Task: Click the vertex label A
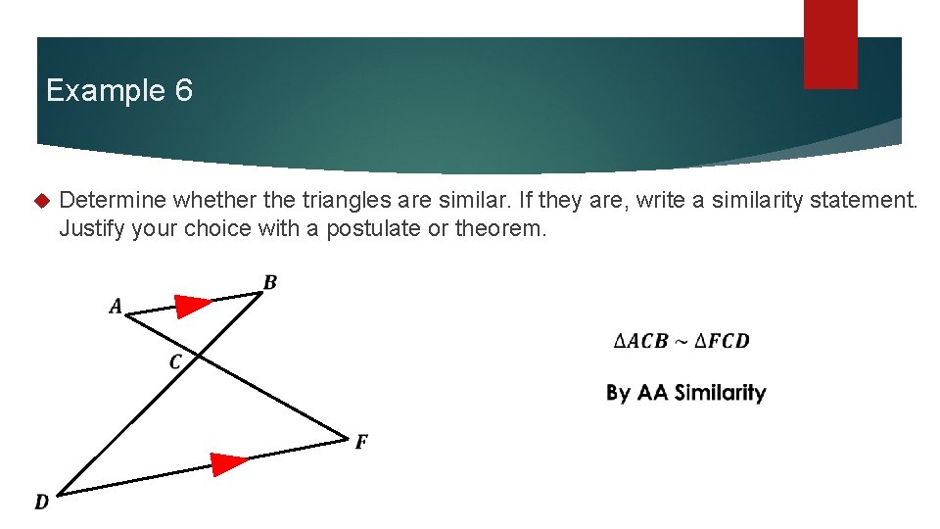pyautogui.click(x=116, y=307)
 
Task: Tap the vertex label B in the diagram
pyautogui.click(x=270, y=283)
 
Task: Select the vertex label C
pyautogui.click(x=175, y=362)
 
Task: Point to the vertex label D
pyautogui.click(x=41, y=503)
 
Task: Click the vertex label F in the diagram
pyautogui.click(x=361, y=443)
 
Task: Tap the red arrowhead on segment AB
pyautogui.click(x=193, y=305)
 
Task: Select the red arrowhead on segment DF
pyautogui.click(x=230, y=462)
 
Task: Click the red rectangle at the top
pyautogui.click(x=830, y=44)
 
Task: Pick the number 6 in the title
pyautogui.click(x=183, y=91)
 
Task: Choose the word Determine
pyautogui.click(x=113, y=202)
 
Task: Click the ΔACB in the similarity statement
pyautogui.click(x=640, y=341)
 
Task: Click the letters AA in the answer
pyautogui.click(x=651, y=393)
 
